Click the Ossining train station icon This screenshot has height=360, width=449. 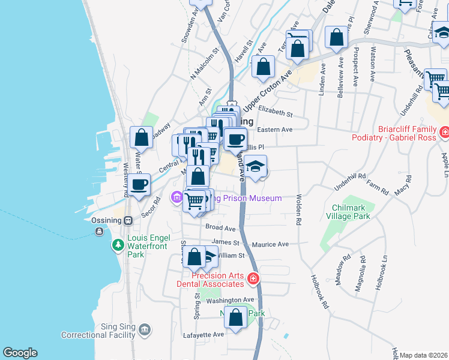128,220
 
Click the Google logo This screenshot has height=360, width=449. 19,353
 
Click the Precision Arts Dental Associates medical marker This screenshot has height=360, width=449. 253,278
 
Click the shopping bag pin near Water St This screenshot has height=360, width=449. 140,138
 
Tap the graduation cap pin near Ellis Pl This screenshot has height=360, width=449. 255,166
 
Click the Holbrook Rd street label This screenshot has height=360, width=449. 320,291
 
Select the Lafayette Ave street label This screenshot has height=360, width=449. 206,334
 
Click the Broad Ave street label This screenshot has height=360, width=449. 220,228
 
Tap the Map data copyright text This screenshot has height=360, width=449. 423,355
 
